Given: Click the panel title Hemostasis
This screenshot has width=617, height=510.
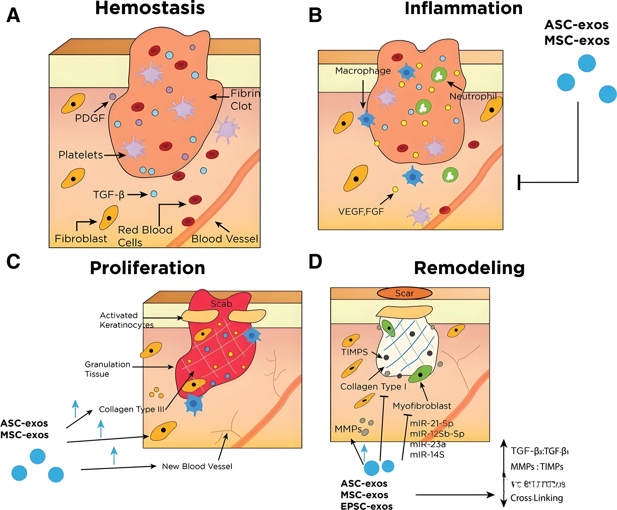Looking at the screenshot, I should [150, 8].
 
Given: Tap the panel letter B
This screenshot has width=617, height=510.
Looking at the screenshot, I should [315, 15].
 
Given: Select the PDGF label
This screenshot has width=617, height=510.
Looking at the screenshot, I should [90, 118].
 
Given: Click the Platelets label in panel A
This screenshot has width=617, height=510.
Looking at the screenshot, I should [81, 155].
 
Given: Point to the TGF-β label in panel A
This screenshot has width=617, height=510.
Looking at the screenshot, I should [109, 194].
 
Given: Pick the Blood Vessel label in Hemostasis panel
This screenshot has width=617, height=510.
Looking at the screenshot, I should [225, 239].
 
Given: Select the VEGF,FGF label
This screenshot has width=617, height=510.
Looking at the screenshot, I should [361, 211].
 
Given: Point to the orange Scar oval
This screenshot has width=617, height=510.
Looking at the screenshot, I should [405, 293].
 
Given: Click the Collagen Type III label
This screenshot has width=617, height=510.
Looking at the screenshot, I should [131, 409].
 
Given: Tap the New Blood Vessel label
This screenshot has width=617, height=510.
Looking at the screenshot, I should [197, 466].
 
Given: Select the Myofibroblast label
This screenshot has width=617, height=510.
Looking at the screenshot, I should [422, 406].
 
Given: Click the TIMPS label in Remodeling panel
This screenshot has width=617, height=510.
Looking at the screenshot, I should [354, 352].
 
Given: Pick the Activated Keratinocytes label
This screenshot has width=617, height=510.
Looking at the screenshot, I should [126, 320].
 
